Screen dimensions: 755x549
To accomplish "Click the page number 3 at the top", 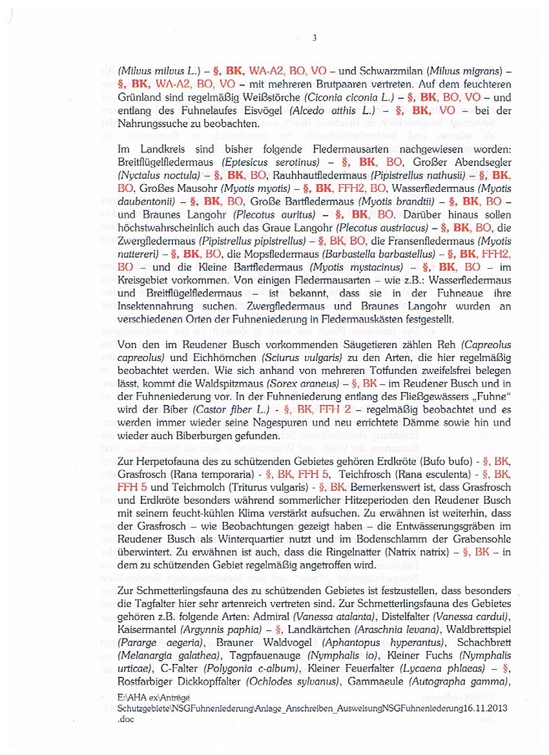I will (x=315, y=37).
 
